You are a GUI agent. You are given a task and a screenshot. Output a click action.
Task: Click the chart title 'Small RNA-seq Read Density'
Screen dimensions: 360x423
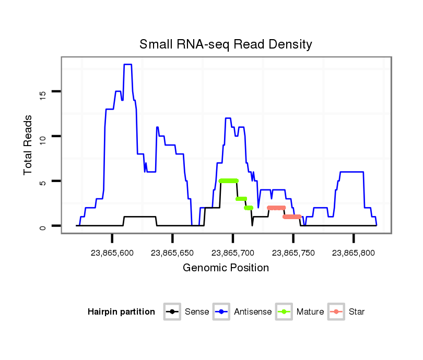[226, 44]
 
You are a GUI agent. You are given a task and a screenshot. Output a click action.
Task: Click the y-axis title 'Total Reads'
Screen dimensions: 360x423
[29, 145]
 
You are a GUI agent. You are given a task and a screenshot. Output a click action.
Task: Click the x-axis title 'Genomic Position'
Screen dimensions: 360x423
[226, 268]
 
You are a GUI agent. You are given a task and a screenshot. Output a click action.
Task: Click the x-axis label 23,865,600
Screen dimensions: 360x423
[112, 253]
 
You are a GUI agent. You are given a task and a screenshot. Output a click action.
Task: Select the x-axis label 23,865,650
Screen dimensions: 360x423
[172, 253]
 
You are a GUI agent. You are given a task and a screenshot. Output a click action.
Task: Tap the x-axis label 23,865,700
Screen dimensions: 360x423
[233, 253]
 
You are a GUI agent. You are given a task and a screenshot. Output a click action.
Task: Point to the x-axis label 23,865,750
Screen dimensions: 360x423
[293, 253]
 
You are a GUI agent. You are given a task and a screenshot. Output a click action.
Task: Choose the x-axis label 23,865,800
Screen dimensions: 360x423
[354, 253]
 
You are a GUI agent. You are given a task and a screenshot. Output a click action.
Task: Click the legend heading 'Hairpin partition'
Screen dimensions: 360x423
[121, 312]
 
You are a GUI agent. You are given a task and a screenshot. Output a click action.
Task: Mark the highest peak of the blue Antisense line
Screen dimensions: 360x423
[127, 64]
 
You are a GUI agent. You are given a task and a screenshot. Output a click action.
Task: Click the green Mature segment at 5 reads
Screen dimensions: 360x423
[229, 181]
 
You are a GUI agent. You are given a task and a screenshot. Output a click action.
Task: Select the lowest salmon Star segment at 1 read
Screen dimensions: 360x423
[292, 217]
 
